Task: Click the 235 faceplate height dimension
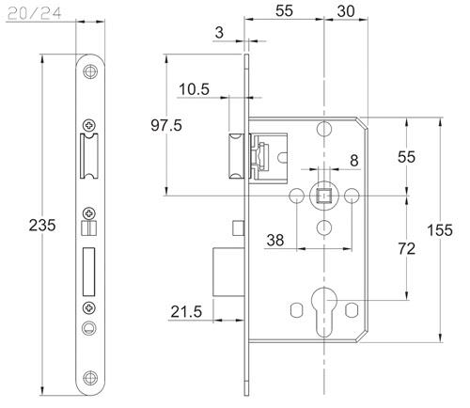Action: [42, 225]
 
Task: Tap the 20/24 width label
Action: [35, 13]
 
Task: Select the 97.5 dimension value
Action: [166, 125]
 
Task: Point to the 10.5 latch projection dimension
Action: [194, 89]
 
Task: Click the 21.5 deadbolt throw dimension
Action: [186, 312]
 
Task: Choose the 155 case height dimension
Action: [440, 230]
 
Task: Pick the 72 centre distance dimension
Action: [406, 249]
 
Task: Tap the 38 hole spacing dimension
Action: [275, 241]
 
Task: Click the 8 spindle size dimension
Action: [354, 161]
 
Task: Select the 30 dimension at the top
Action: [346, 11]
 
